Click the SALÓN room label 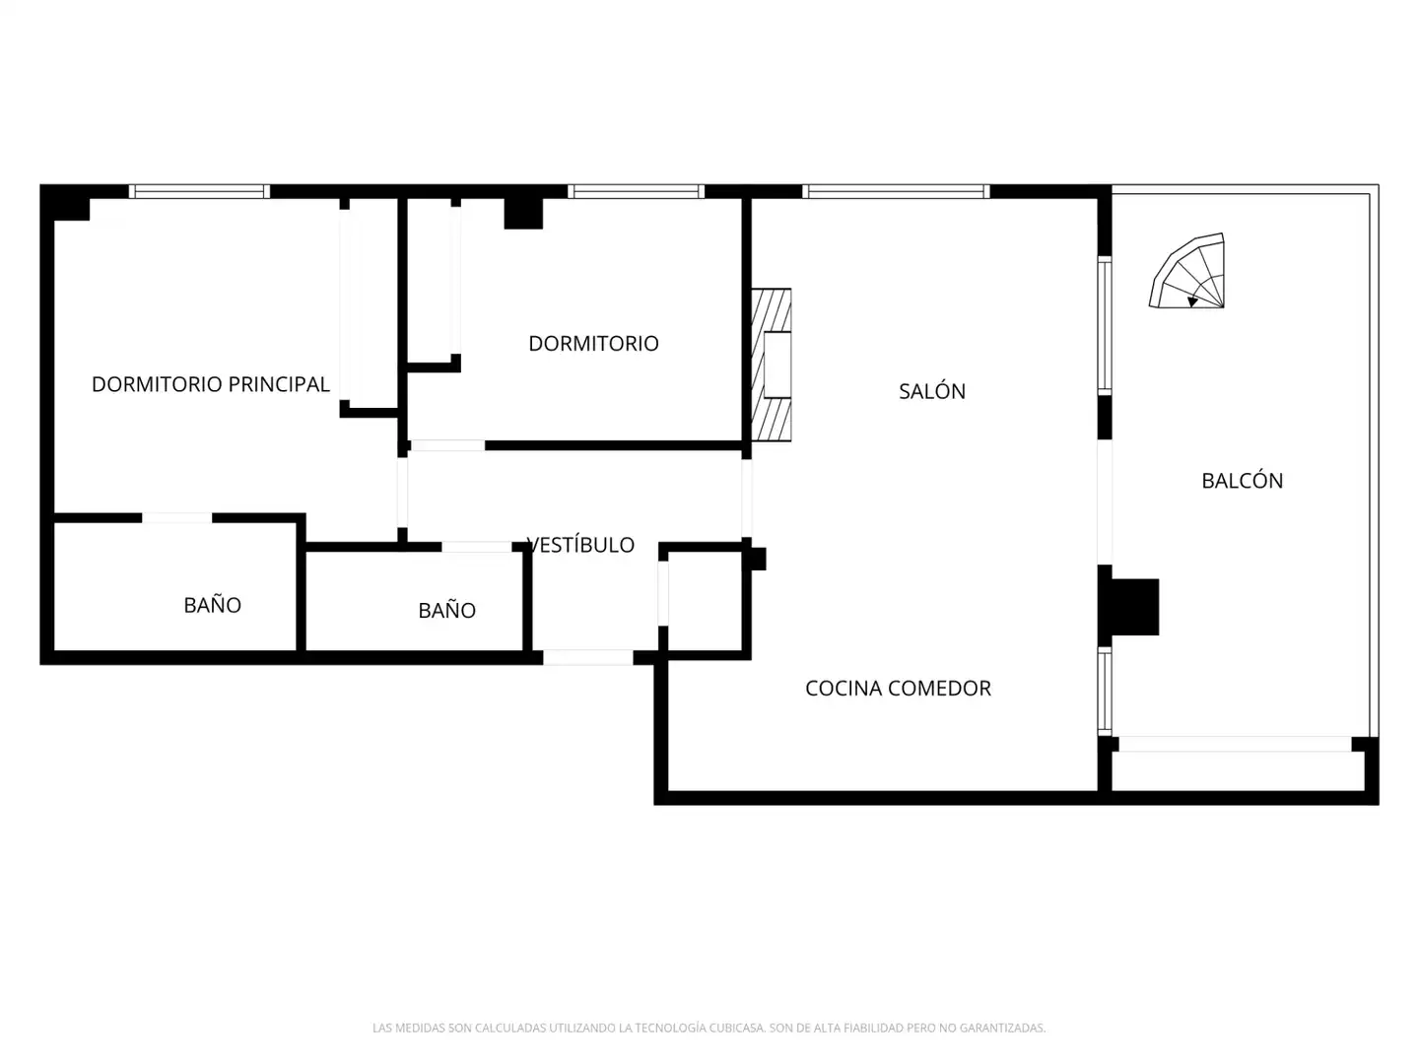[x=931, y=391]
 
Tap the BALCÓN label [x=1242, y=481]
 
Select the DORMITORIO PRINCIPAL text [x=211, y=384]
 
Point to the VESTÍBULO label [x=580, y=545]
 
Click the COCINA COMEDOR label [x=898, y=689]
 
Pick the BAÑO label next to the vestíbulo [x=446, y=610]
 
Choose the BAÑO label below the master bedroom [x=212, y=605]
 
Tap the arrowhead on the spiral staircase [x=1192, y=301]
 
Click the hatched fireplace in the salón [x=772, y=365]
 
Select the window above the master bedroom [x=199, y=191]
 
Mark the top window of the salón [x=896, y=191]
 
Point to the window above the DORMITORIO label [x=637, y=191]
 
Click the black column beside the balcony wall [x=1134, y=607]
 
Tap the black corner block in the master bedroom [x=65, y=203]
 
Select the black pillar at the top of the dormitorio [x=523, y=213]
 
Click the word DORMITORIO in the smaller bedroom [x=593, y=344]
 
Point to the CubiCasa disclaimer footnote [x=709, y=1028]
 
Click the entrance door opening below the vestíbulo [x=587, y=658]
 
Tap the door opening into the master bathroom [x=177, y=518]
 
